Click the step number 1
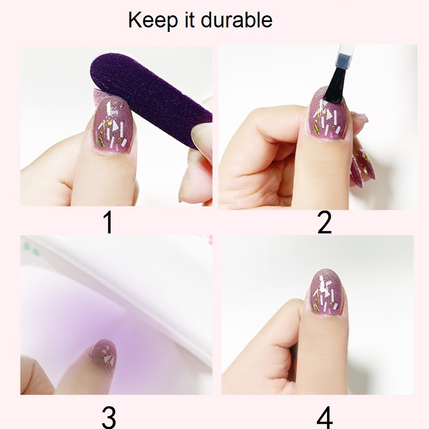(x=109, y=223)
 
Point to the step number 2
(x=325, y=223)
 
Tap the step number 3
(x=109, y=417)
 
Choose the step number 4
(x=325, y=417)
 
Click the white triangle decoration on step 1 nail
(x=116, y=127)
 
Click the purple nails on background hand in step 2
(x=362, y=167)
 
